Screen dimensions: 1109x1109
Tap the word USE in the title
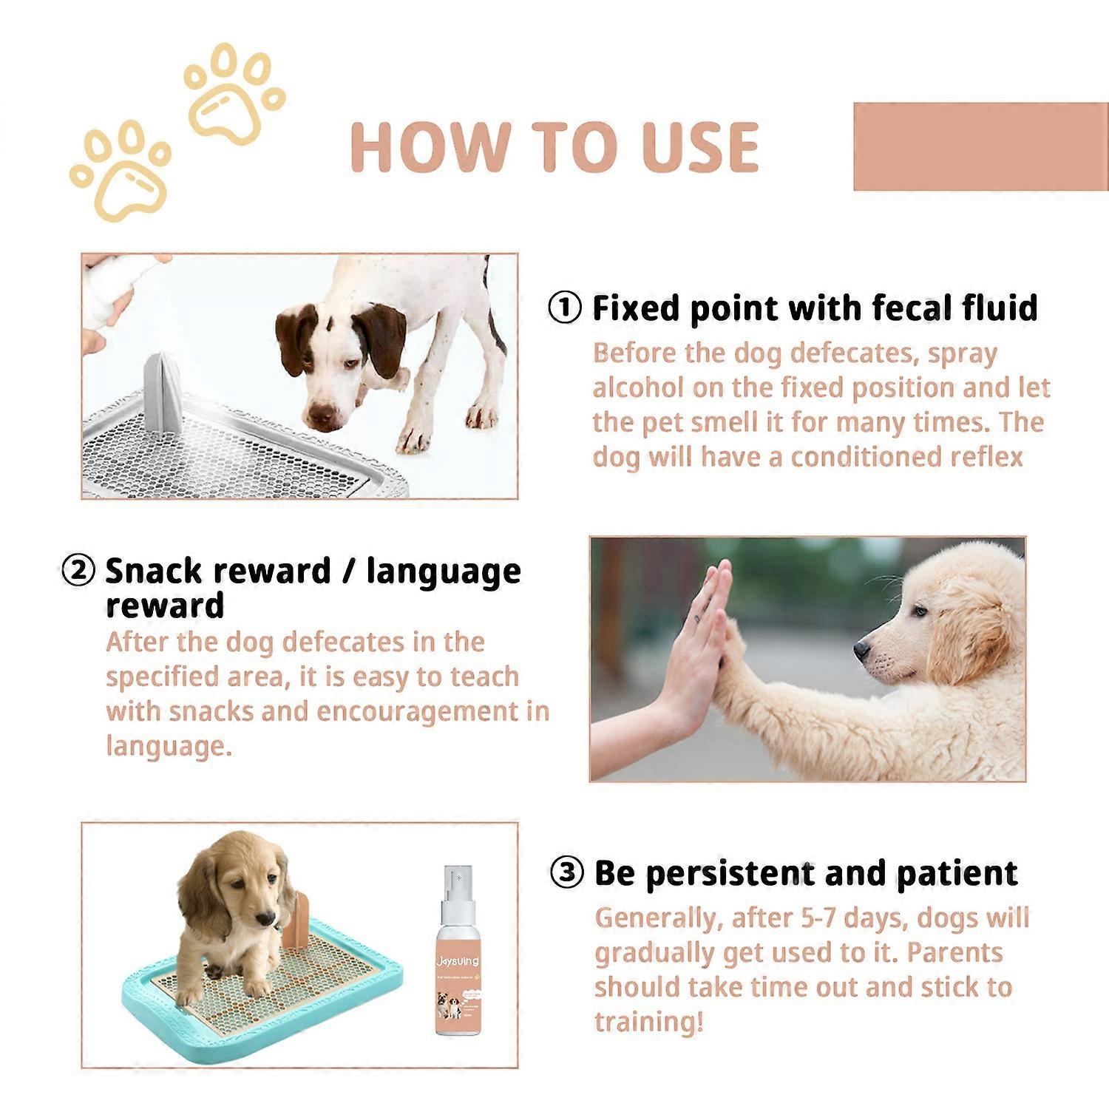699,146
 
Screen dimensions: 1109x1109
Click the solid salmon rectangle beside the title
980,146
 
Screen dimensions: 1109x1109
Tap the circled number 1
565,308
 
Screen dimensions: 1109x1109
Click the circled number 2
78,571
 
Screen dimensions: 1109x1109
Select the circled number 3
567,873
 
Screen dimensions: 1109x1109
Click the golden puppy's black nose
861,650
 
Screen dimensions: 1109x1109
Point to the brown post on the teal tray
296,920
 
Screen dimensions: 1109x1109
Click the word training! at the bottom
648,1022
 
